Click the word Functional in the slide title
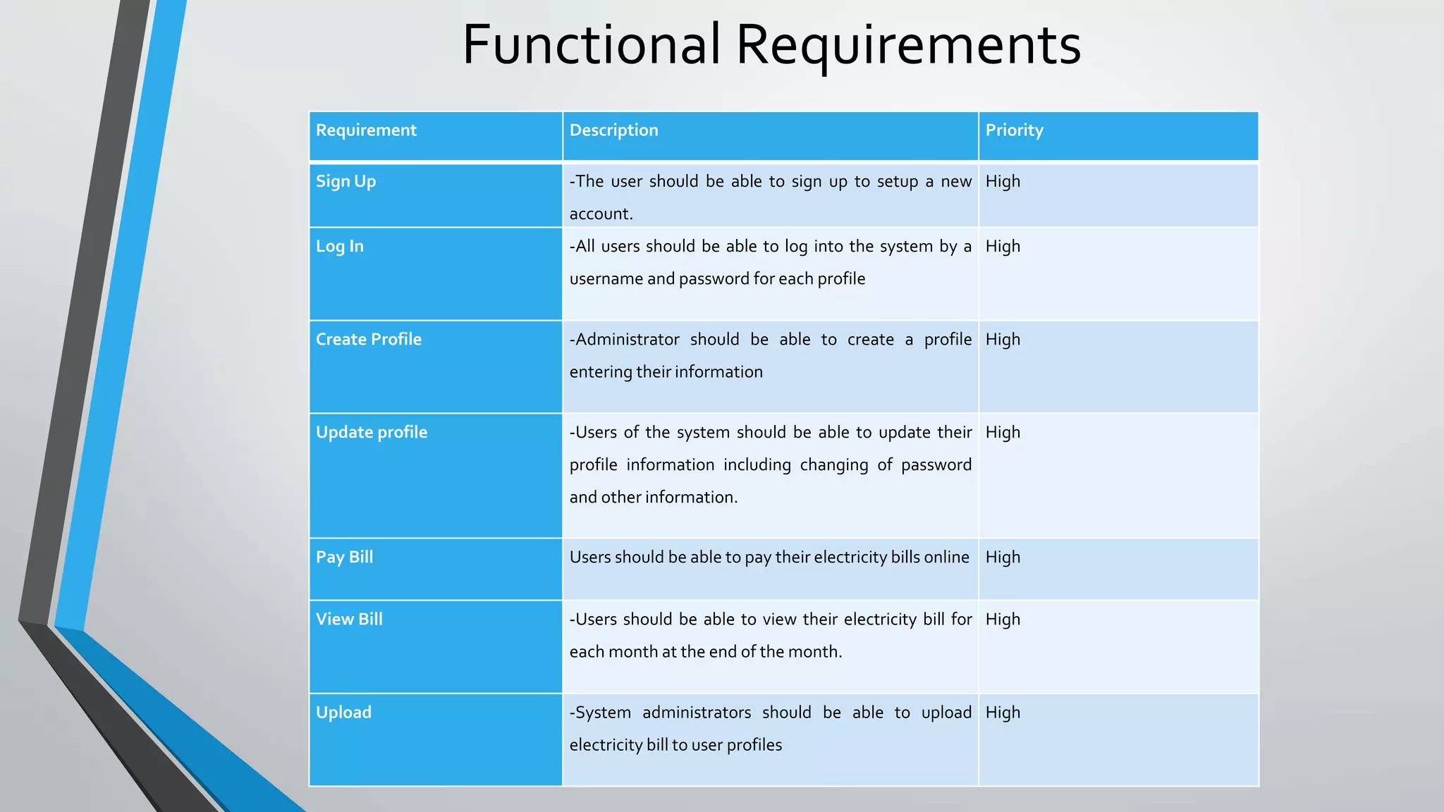(x=591, y=44)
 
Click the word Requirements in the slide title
(x=908, y=46)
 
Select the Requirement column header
(x=366, y=130)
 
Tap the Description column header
(x=613, y=130)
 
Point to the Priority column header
(x=1014, y=130)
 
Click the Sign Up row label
(x=345, y=182)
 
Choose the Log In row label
(x=339, y=247)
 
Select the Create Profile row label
(x=368, y=340)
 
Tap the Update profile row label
(x=371, y=433)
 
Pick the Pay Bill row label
(x=344, y=558)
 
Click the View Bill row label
(x=349, y=620)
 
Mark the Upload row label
(x=343, y=713)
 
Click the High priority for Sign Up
(x=1003, y=182)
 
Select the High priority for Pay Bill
(x=1003, y=558)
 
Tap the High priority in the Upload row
(x=1003, y=713)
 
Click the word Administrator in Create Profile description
(x=628, y=340)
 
